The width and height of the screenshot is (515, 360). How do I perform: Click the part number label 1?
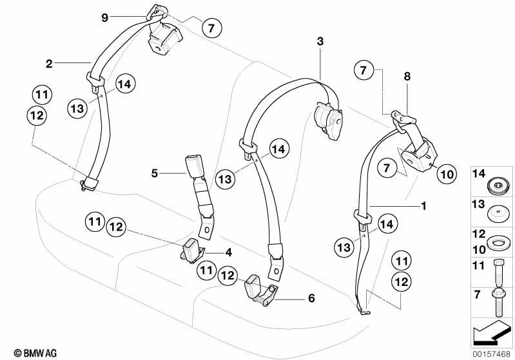[423, 206]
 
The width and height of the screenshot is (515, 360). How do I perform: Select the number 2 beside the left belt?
[48, 63]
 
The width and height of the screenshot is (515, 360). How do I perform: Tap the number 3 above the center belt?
[320, 42]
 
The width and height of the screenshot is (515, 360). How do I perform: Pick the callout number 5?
[154, 173]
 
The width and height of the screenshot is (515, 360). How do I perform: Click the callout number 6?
[311, 298]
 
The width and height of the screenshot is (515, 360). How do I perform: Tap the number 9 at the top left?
[104, 17]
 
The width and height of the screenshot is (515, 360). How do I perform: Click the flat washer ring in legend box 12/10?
[497, 242]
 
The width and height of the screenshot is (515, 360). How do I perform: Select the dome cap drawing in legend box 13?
[497, 213]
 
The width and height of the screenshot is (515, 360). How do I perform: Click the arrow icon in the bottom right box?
[492, 334]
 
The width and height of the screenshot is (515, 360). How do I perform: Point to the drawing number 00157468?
[492, 354]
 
